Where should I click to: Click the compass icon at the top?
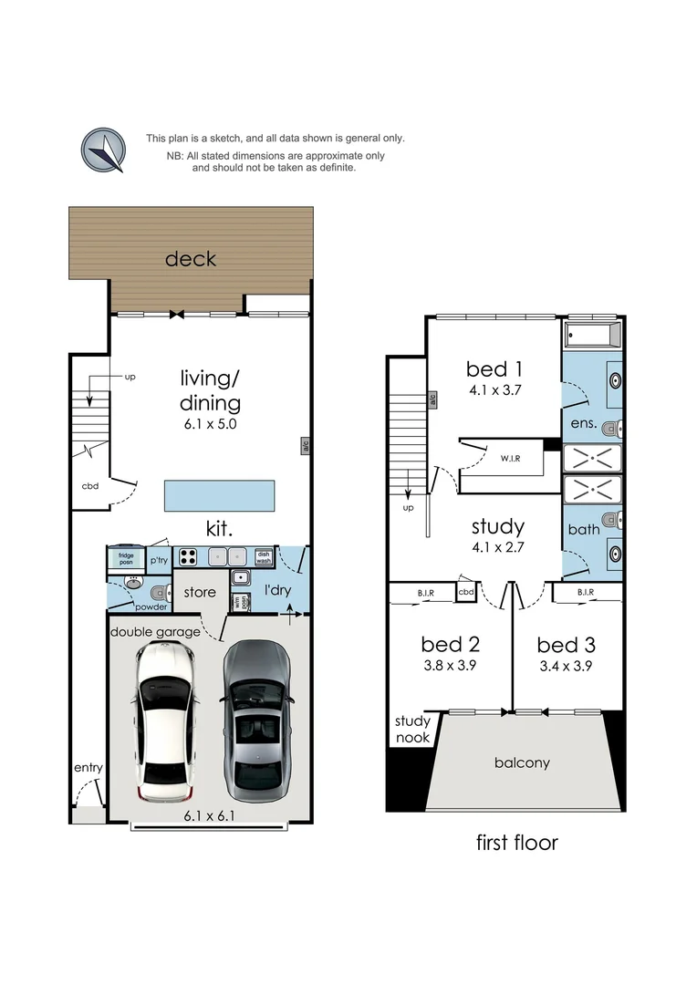tap(103, 150)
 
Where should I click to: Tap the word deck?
tap(191, 259)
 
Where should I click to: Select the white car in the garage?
tap(162, 721)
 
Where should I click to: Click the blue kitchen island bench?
tap(219, 495)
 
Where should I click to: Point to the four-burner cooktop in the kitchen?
tap(189, 557)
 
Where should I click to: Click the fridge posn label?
tap(126, 558)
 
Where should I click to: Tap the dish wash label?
tap(264, 557)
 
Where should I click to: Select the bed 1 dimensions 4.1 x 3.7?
tap(495, 390)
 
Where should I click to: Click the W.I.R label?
tap(510, 459)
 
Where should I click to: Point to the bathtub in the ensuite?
tap(593, 335)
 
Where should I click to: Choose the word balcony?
tap(522, 762)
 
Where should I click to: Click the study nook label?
tap(412, 729)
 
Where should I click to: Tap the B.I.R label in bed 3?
tap(586, 593)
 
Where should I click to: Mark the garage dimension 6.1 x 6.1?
tap(209, 816)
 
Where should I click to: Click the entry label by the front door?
tap(88, 768)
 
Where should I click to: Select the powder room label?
tap(151, 607)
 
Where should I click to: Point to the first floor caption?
tap(516, 843)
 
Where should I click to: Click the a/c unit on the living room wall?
tap(306, 446)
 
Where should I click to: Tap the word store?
tap(200, 592)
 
